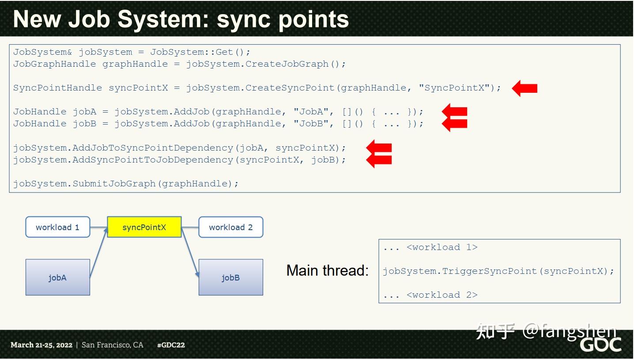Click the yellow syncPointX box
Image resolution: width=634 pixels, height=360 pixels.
point(144,227)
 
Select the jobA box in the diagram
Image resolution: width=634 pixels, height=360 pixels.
point(58,277)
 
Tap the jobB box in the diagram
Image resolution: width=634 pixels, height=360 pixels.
point(230,277)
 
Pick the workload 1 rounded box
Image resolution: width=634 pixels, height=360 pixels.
point(58,227)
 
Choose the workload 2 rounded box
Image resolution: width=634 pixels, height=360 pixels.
point(230,227)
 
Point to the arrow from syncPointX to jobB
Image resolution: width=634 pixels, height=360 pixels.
point(190,254)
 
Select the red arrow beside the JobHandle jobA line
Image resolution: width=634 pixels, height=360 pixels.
point(454,111)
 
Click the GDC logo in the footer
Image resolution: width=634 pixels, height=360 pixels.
point(600,345)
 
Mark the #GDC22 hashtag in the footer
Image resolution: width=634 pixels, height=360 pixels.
point(171,345)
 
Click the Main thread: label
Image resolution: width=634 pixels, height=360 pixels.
point(327,270)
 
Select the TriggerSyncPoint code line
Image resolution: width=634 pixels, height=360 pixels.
point(498,271)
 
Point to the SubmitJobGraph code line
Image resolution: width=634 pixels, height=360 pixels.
point(126,184)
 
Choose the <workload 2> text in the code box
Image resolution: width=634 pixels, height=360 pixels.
point(442,295)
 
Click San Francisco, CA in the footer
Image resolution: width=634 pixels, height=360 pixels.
point(113,345)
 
